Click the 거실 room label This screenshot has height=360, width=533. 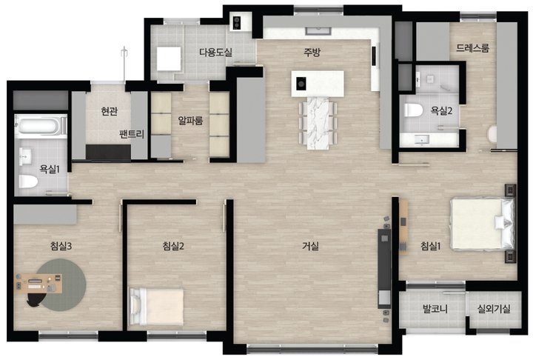click(x=311, y=246)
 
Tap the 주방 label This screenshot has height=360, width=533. click(x=312, y=52)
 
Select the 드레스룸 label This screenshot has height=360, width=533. click(x=472, y=48)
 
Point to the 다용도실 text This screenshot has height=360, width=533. click(x=216, y=53)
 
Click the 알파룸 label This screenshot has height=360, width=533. click(x=190, y=121)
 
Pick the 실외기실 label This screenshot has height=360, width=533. click(x=494, y=309)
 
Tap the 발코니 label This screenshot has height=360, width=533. click(x=435, y=309)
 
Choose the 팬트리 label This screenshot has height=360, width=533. click(x=132, y=134)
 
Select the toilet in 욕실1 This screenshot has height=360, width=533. click(x=28, y=181)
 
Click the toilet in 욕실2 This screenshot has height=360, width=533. click(x=413, y=110)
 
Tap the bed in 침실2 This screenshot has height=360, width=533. click(x=156, y=307)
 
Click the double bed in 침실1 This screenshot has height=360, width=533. click(x=483, y=224)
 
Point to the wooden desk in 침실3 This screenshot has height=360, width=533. click(x=38, y=284)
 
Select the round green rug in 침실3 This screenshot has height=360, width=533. click(x=61, y=284)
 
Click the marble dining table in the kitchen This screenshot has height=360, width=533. click(x=318, y=123)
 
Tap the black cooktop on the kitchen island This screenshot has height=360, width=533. click(x=301, y=84)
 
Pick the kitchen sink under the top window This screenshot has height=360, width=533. click(x=318, y=31)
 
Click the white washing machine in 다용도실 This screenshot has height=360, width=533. click(x=169, y=59)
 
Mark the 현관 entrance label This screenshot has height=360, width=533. click(x=110, y=111)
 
